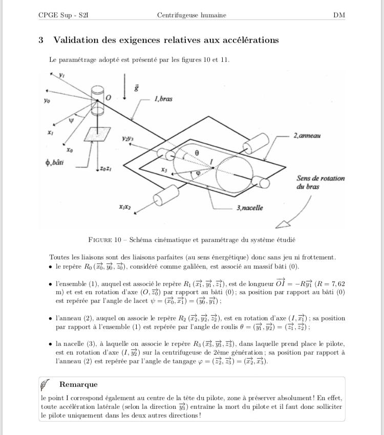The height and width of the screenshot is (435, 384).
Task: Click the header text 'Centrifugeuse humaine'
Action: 191,15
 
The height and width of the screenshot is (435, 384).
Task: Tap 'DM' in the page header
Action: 339,15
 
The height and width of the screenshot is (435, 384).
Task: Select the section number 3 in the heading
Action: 41,40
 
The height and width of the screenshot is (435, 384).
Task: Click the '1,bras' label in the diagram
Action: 163,99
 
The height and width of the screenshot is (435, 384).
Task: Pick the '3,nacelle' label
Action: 250,208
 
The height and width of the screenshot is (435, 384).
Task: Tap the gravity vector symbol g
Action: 136,88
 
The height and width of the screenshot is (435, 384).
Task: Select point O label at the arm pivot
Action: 108,97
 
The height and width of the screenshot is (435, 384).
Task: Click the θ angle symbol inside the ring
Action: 197,153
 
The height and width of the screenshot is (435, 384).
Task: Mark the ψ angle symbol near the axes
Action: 71,120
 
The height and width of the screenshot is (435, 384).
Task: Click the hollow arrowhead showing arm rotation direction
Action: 283,223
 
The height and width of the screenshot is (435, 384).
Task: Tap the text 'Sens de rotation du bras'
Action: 320,183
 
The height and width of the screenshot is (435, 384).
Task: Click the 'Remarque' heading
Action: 78,384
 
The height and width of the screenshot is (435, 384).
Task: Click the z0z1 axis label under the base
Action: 106,168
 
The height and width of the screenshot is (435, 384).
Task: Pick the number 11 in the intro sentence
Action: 224,60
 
